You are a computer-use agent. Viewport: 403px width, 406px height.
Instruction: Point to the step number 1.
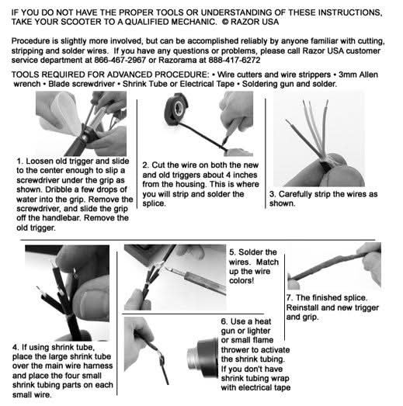(x=19, y=161)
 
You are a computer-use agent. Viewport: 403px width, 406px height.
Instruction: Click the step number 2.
(x=145, y=165)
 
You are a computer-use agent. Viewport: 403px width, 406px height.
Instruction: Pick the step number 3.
(x=273, y=193)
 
